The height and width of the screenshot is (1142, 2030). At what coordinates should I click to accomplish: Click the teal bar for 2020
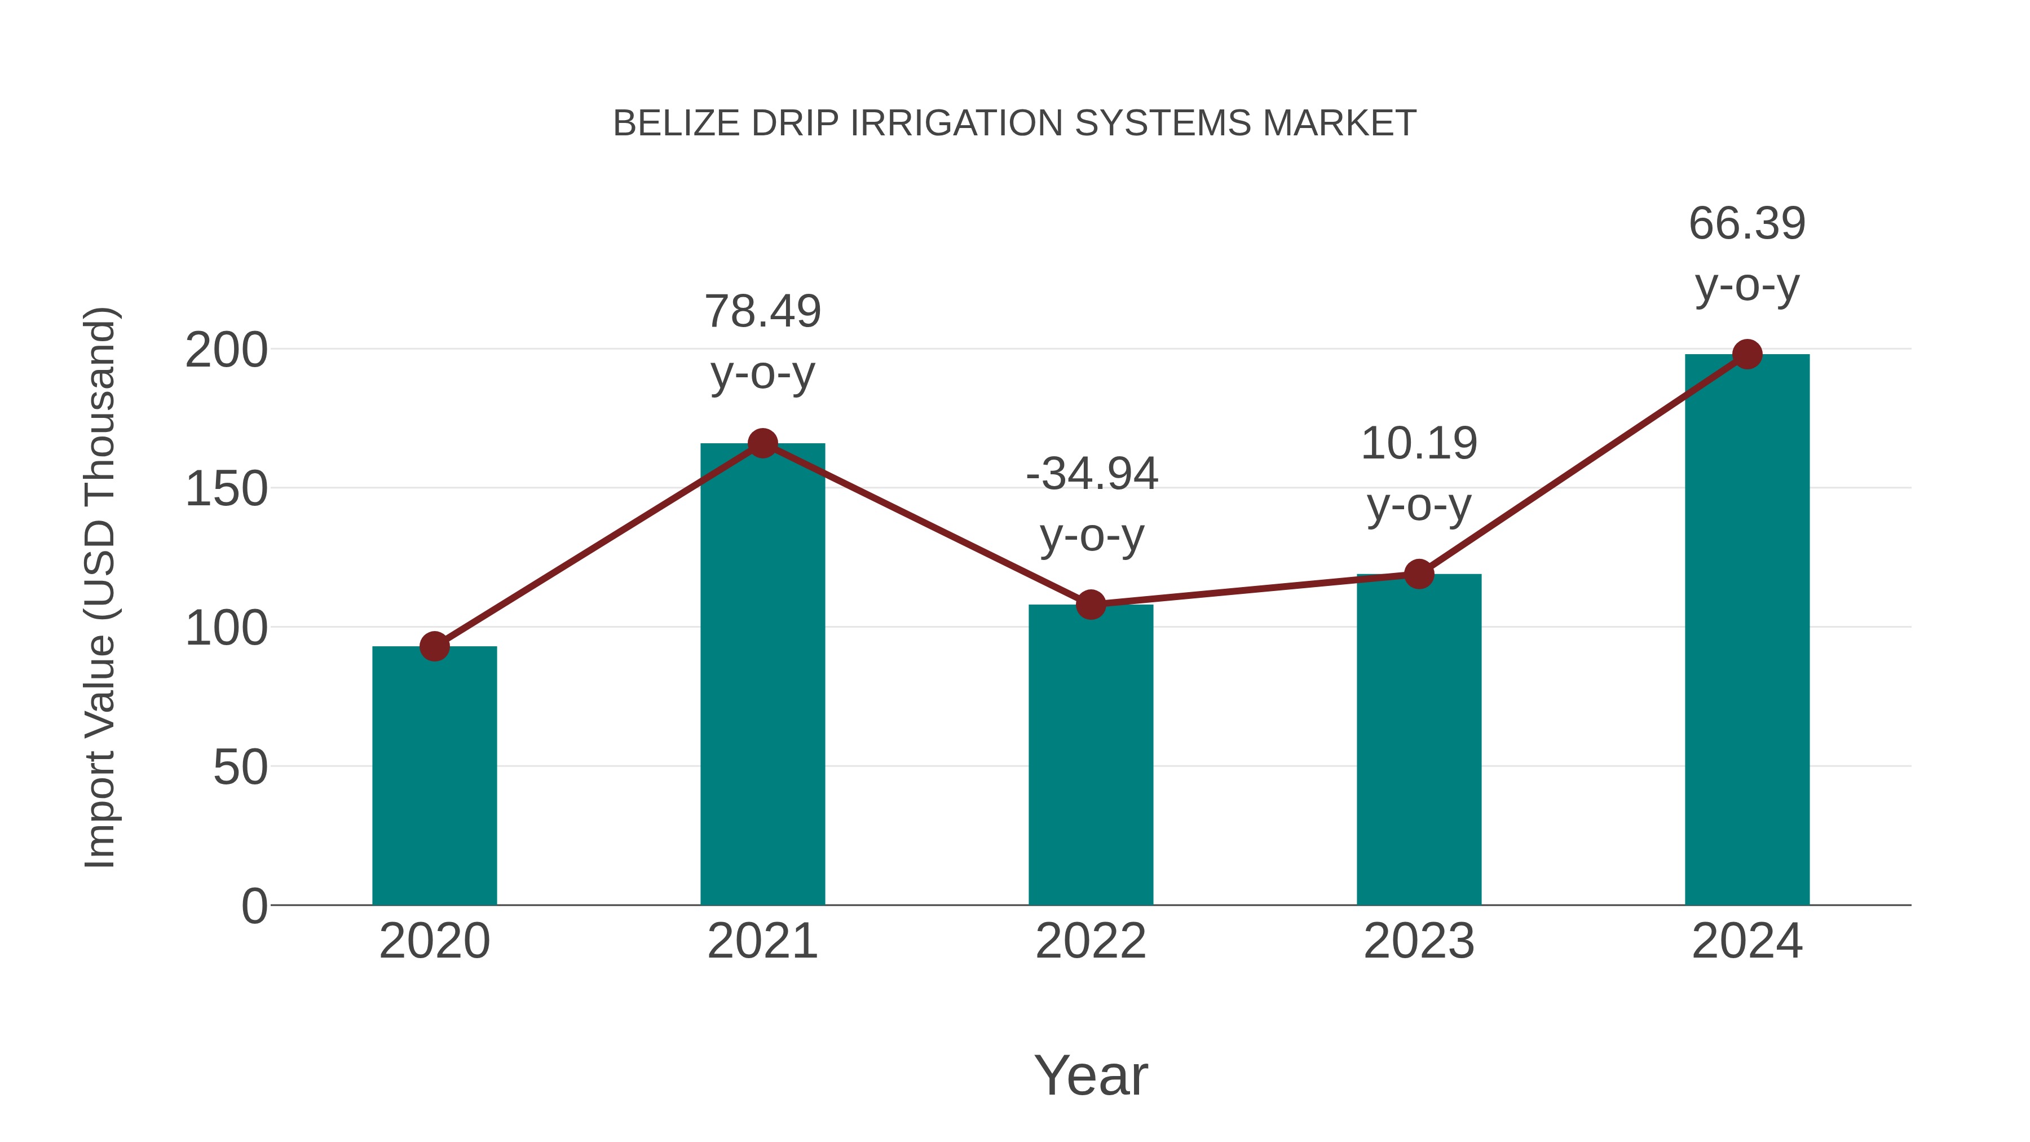point(434,777)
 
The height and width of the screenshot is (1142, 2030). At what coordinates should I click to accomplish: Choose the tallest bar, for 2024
point(1747,630)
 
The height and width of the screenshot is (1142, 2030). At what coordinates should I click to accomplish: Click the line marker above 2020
point(434,646)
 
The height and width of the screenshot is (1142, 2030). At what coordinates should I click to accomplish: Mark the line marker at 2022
point(1091,605)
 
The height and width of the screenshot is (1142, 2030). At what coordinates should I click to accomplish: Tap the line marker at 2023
point(1419,574)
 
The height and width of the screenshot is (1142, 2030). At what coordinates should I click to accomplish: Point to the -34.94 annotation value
point(1092,474)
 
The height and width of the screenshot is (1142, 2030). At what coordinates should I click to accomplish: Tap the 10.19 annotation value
point(1419,444)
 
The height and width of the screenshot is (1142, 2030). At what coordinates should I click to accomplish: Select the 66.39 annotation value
point(1747,224)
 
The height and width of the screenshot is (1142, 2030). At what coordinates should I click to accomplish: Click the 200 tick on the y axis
point(226,351)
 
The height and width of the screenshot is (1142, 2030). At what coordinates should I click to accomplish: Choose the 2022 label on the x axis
point(1091,941)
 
